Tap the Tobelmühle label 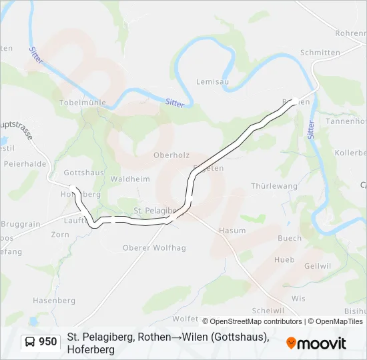pos(82,103)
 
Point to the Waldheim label pos(130,179)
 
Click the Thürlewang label pos(274,186)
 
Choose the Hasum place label pos(232,231)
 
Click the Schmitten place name pos(320,53)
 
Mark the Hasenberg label pos(54,301)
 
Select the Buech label pos(290,238)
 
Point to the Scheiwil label pos(268,311)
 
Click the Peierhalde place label pos(24,163)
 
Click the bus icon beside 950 pos(30,342)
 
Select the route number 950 pos(48,342)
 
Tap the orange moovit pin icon pos(291,343)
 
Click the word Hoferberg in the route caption pos(91,349)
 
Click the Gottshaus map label pos(83,172)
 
